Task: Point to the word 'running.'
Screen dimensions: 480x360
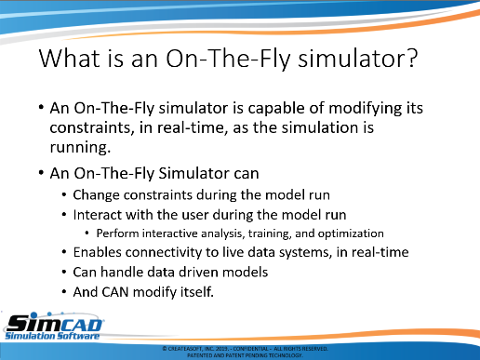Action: (x=80, y=148)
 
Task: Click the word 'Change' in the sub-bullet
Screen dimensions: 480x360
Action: (x=97, y=195)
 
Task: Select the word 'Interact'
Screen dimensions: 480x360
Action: (x=97, y=215)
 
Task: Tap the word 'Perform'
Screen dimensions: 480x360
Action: (x=117, y=233)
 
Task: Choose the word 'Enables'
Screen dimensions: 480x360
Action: (x=97, y=252)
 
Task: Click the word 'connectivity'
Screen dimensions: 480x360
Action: (x=164, y=252)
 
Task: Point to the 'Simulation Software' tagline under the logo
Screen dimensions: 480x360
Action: (x=52, y=336)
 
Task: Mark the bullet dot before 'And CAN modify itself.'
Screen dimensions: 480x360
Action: (x=64, y=292)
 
